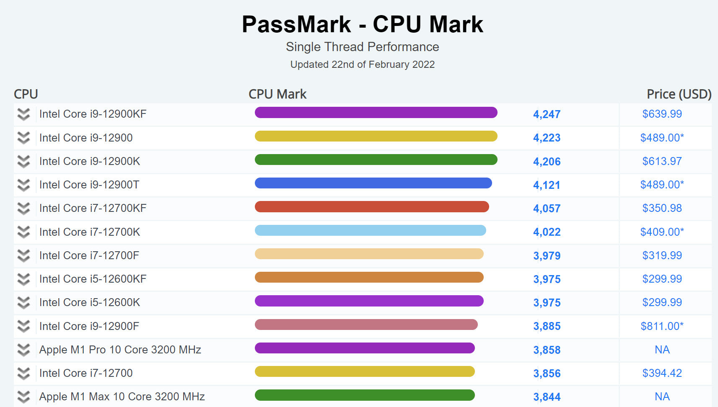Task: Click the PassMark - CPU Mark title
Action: pyautogui.click(x=363, y=24)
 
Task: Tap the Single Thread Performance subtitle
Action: pyautogui.click(x=363, y=47)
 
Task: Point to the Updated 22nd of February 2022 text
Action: pyautogui.click(x=363, y=64)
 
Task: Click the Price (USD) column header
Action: pyautogui.click(x=679, y=94)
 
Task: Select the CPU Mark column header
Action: pyautogui.click(x=277, y=94)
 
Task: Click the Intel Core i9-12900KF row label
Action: pyautogui.click(x=93, y=114)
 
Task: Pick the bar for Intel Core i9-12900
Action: pyautogui.click(x=376, y=136)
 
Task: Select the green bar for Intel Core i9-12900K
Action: pyautogui.click(x=376, y=160)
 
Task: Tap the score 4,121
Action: pyautogui.click(x=547, y=185)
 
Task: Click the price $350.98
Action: pyautogui.click(x=662, y=208)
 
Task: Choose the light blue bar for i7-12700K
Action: pyautogui.click(x=371, y=230)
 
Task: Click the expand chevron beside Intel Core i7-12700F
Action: pyautogui.click(x=24, y=255)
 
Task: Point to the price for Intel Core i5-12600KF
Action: pyautogui.click(x=662, y=279)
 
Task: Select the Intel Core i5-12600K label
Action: pyautogui.click(x=90, y=302)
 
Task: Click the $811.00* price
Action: pyautogui.click(x=662, y=326)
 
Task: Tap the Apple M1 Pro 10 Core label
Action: pyautogui.click(x=120, y=350)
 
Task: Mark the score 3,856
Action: pyautogui.click(x=547, y=374)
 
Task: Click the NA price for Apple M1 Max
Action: pyautogui.click(x=662, y=397)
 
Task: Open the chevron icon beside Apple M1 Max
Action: pyautogui.click(x=24, y=397)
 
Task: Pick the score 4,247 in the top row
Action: pyautogui.click(x=547, y=114)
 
